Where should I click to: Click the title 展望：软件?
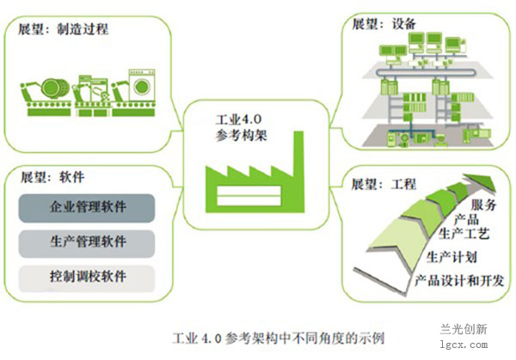point(51,178)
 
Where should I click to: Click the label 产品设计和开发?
point(458,281)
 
